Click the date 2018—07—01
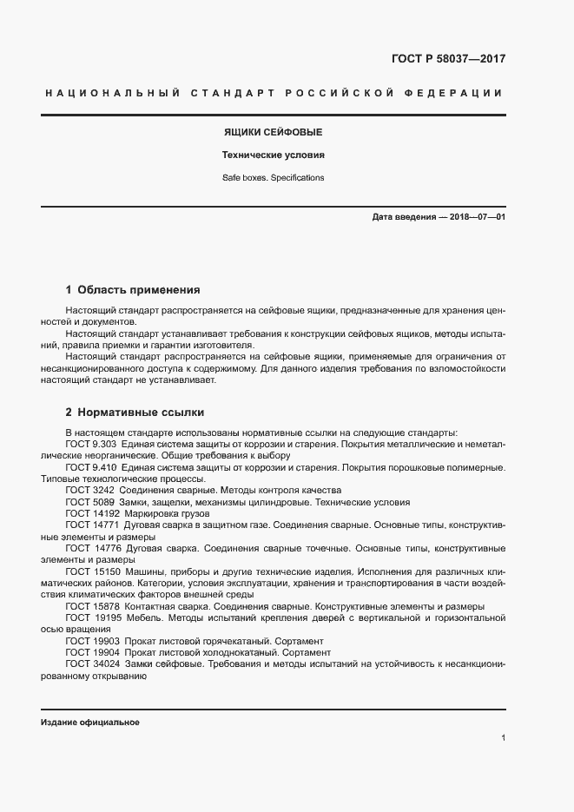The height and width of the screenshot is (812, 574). tap(476, 216)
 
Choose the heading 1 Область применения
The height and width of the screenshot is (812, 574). tap(133, 289)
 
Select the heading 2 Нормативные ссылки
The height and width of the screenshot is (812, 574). tap(135, 412)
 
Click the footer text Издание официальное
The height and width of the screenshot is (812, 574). tap(89, 723)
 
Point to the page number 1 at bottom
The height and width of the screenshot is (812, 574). tap(503, 738)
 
